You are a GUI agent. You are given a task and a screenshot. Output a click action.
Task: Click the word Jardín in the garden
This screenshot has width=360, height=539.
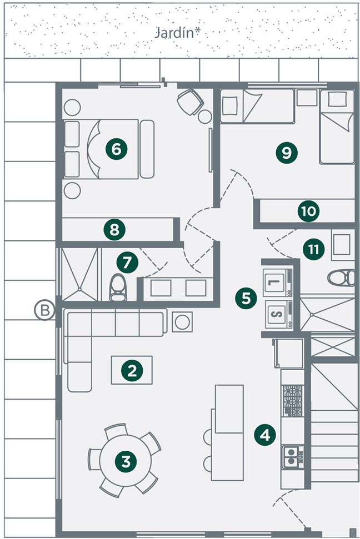(x=175, y=34)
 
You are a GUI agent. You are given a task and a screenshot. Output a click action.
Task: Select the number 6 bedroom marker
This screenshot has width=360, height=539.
(x=116, y=149)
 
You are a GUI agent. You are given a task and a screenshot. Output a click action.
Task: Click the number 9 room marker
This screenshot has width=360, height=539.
(x=286, y=152)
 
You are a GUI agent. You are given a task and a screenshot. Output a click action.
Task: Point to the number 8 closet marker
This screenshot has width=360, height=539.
(x=114, y=230)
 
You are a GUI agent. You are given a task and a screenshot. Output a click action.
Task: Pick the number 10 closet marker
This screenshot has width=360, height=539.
(x=308, y=211)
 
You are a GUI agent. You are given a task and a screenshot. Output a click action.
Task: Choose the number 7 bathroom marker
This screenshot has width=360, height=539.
(x=127, y=263)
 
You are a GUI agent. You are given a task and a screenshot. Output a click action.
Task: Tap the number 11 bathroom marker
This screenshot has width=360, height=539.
(x=313, y=249)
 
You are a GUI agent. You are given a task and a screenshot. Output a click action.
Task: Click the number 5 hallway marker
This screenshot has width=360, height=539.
(x=246, y=298)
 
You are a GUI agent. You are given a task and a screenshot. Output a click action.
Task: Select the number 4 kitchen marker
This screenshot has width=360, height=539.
(x=265, y=436)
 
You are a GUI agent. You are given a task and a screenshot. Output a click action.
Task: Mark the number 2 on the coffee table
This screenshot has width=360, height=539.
(x=132, y=370)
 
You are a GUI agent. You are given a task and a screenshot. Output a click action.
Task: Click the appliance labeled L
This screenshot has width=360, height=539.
(x=278, y=283)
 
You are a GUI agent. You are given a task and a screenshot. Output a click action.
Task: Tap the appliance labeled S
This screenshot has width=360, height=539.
(x=279, y=314)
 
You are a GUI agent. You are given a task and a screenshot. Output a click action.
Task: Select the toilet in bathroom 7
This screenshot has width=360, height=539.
(x=118, y=288)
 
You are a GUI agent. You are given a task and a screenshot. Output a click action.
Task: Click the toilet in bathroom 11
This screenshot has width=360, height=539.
(x=341, y=278)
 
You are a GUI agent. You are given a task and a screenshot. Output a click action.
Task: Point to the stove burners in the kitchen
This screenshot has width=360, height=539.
(x=293, y=400)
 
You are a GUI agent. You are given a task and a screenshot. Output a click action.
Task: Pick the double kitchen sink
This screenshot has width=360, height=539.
(x=293, y=457)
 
